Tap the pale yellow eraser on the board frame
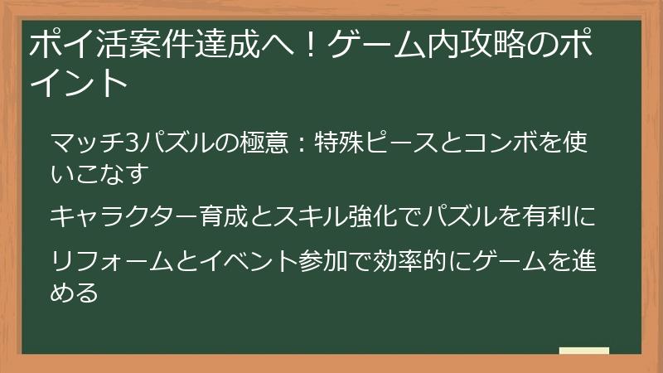[x=584, y=351]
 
